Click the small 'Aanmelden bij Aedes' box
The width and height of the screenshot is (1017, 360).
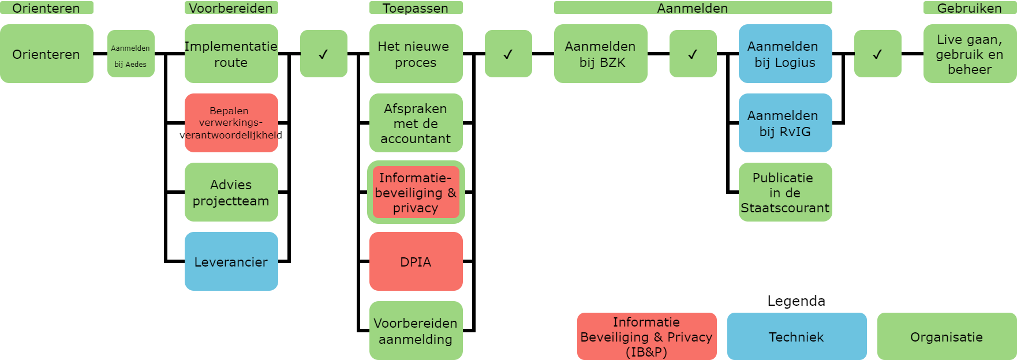pos(131,54)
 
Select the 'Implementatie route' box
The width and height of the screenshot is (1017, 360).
pos(231,54)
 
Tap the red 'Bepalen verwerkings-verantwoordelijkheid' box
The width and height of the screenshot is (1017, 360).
pos(231,123)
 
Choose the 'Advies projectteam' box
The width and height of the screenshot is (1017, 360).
pos(231,192)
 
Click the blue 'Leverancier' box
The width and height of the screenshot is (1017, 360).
pos(231,261)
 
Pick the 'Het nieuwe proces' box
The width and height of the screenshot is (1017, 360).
pos(416,54)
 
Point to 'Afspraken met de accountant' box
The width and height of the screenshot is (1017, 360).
pos(416,123)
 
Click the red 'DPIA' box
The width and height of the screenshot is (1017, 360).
pos(416,261)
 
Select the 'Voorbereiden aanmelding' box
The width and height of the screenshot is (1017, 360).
pos(416,331)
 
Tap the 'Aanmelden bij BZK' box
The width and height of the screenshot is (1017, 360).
pos(601,54)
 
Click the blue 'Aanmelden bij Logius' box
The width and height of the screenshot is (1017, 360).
pos(786,54)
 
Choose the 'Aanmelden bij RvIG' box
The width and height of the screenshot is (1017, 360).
pos(786,123)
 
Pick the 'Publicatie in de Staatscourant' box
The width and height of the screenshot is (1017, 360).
pos(786,192)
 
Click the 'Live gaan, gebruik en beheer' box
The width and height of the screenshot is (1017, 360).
pos(970,54)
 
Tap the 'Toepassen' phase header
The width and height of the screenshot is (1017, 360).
pos(416,7)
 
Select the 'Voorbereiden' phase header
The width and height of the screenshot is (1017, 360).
pos(231,7)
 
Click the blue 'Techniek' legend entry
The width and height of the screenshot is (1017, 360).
pos(797,336)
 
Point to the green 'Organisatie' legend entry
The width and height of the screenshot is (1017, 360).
pos(947,336)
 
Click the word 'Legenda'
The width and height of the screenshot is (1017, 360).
pos(797,301)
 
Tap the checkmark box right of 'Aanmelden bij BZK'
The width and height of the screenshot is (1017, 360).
pos(693,54)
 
